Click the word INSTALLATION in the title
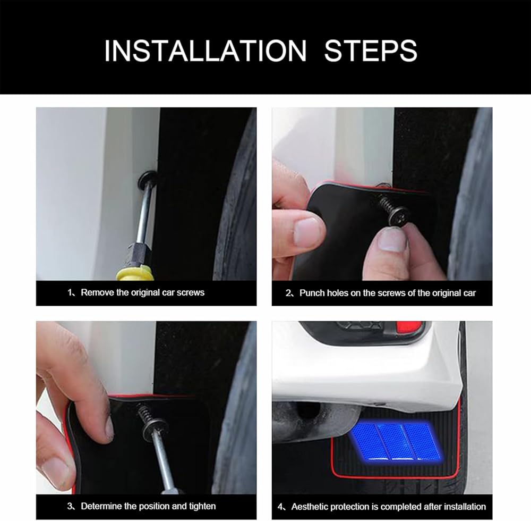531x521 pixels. [205, 51]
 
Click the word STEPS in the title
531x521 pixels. [371, 51]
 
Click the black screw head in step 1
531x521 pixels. [148, 180]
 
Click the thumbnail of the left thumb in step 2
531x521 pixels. [306, 231]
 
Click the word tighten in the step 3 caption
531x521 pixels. [202, 506]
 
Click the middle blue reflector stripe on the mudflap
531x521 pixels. [394, 442]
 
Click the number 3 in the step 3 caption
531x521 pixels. [70, 506]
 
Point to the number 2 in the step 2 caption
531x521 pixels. [288, 293]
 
